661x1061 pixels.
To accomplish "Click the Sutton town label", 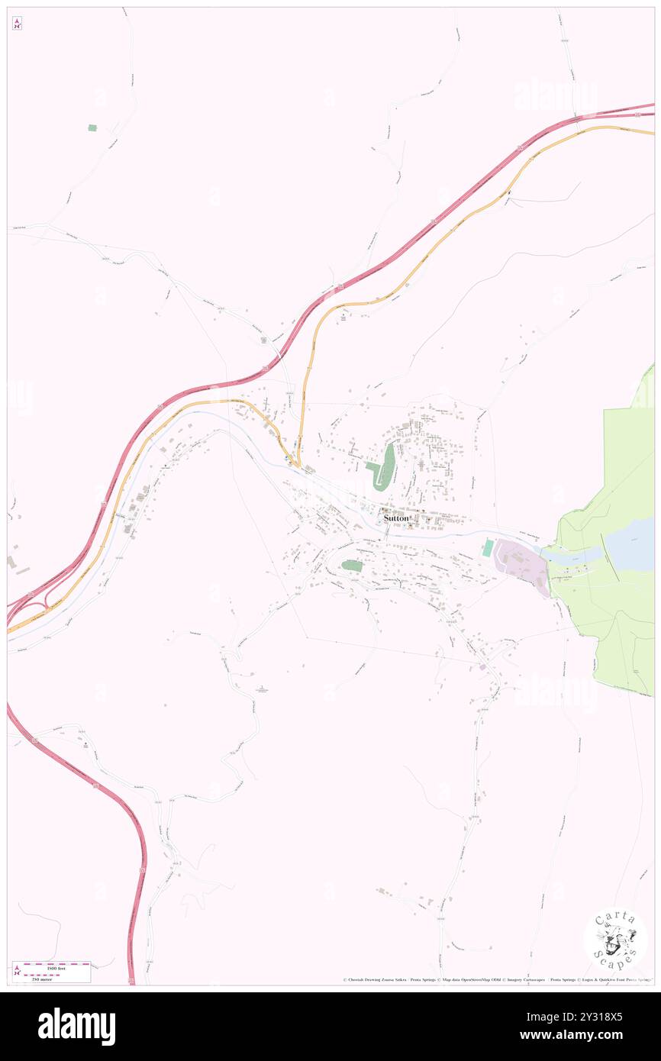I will point(396,518).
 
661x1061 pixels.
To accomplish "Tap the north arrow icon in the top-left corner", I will point(17,23).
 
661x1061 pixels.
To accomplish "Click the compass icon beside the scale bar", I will point(18,971).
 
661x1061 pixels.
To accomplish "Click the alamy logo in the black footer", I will point(76,1026).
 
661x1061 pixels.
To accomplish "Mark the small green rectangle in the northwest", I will point(92,127).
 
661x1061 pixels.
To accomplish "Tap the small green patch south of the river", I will point(351,566).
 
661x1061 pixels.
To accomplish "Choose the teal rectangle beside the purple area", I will point(488,547).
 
